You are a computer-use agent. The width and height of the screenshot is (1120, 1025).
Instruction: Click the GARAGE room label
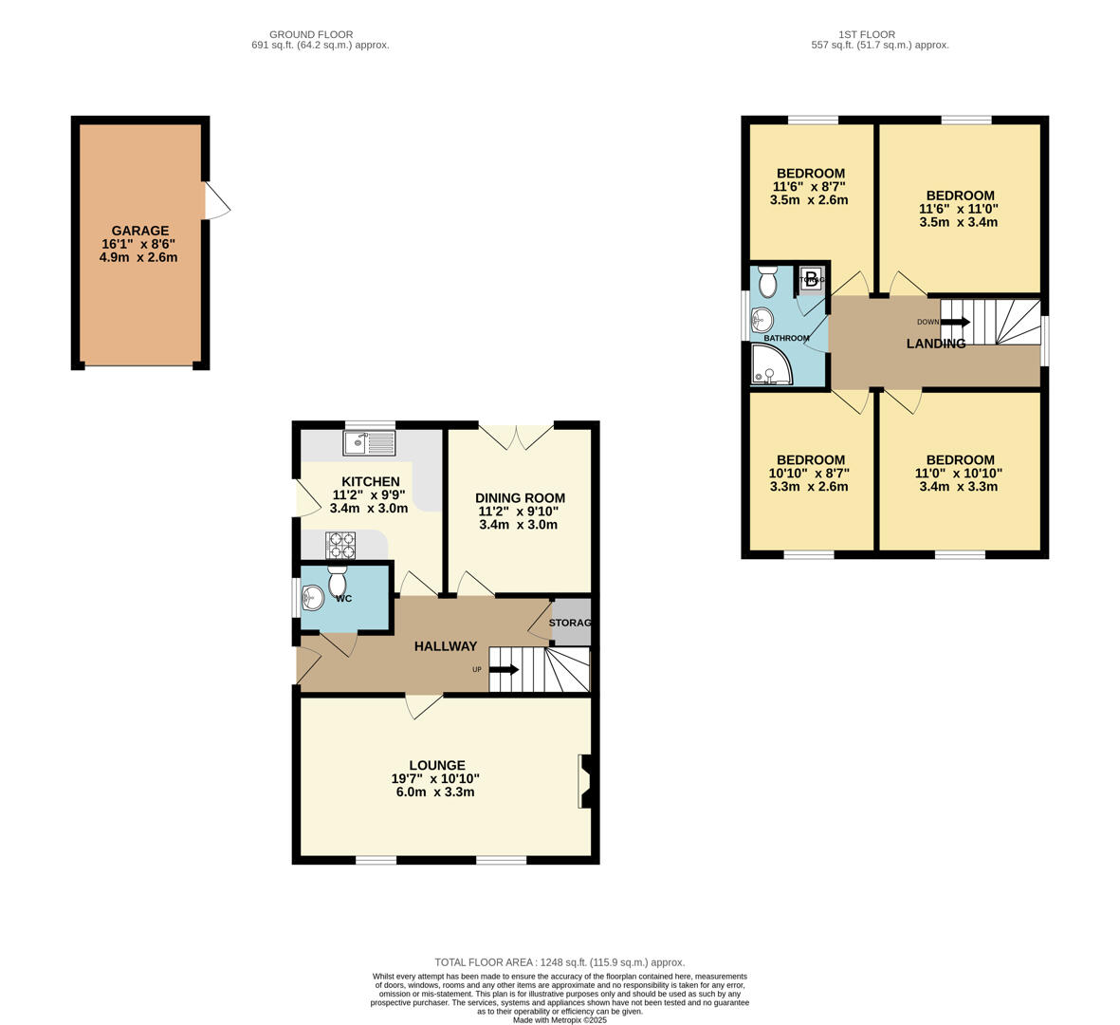[x=140, y=231]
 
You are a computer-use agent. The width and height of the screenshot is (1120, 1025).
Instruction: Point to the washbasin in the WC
[x=312, y=598]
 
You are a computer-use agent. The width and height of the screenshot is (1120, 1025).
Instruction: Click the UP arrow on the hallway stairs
[x=503, y=670]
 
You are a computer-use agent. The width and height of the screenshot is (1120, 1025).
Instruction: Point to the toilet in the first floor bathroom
[x=768, y=282]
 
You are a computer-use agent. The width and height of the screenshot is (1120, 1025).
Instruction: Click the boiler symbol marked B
[x=811, y=279]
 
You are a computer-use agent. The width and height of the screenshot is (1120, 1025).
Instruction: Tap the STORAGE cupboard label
[x=570, y=623]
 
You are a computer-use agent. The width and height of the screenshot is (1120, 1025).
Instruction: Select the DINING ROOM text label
[x=520, y=498]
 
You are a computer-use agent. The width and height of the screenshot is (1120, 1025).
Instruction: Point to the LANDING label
[x=935, y=344]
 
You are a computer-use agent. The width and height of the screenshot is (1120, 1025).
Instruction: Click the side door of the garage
[x=215, y=200]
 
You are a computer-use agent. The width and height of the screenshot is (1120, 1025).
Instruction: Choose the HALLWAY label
[x=445, y=646]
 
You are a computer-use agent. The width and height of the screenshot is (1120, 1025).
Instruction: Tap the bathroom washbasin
[x=762, y=320]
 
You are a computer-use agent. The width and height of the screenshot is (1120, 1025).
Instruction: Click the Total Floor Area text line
[x=560, y=962]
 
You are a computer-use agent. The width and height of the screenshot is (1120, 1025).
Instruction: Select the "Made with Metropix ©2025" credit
[x=560, y=1020]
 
